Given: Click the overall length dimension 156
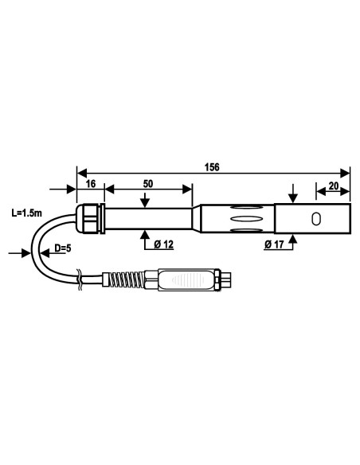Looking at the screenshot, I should point(212,168).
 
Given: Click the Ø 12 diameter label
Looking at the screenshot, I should point(164,244).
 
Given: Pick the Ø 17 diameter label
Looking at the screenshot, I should point(274,244).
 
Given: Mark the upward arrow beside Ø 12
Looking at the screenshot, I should point(144,236).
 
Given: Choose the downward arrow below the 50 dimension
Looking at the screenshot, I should point(144,201).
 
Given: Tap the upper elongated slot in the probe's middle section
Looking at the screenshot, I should point(244,209).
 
